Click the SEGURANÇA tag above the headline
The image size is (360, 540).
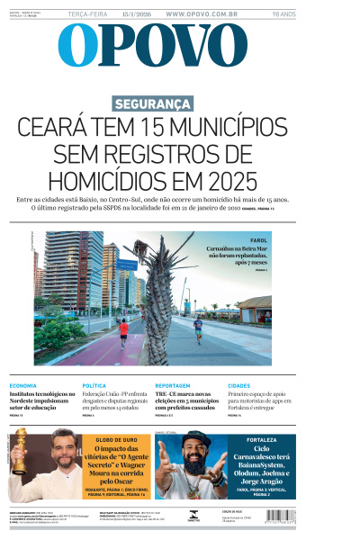[x=152, y=103]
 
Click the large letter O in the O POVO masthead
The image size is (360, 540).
[x=77, y=45]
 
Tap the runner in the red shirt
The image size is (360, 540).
[x=123, y=330]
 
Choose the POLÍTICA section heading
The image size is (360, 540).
[x=94, y=385]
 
